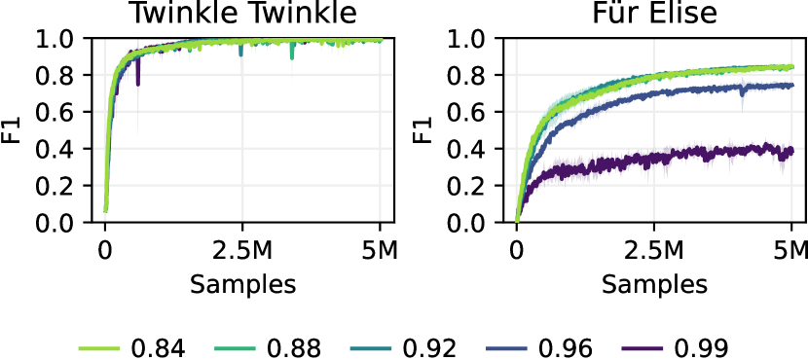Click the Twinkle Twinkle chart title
tap(243, 14)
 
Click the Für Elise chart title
tap(654, 14)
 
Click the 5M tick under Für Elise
tap(792, 252)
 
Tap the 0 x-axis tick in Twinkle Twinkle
tap(105, 252)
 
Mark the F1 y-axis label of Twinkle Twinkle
tap(12, 130)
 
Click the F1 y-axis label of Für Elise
tap(422, 130)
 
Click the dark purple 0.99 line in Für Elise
tap(681, 156)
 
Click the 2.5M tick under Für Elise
tap(654, 252)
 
